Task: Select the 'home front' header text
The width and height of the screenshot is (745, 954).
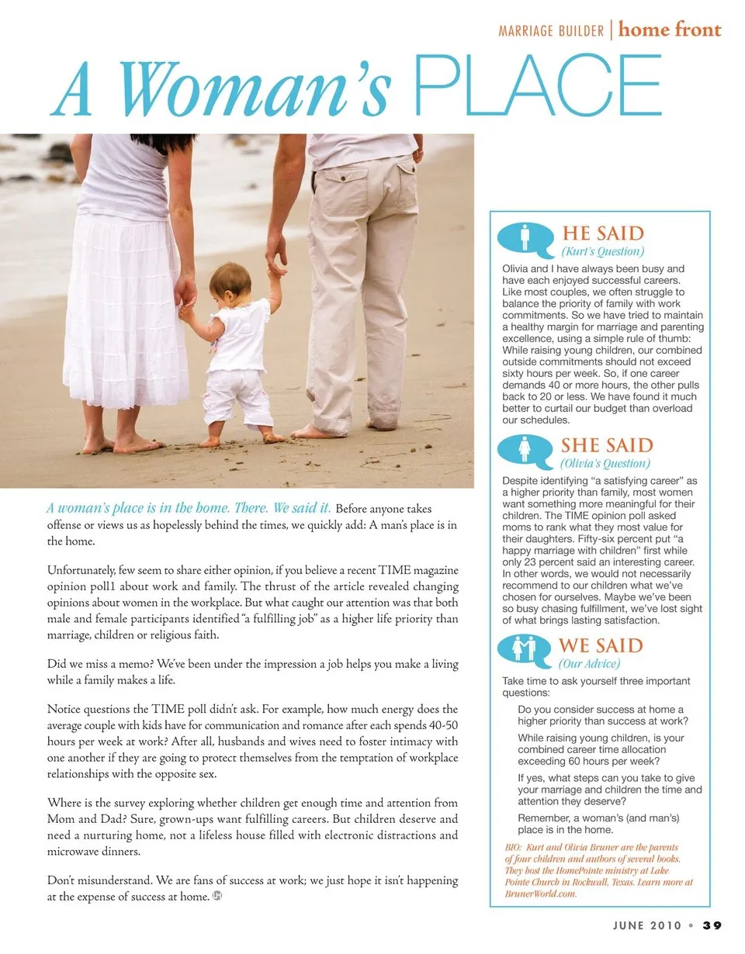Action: tap(670, 30)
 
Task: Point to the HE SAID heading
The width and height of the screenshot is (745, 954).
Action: tap(603, 233)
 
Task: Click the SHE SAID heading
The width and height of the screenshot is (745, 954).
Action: tap(607, 445)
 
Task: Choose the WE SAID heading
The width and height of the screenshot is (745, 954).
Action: tap(601, 645)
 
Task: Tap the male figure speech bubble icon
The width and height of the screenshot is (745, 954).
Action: tap(525, 238)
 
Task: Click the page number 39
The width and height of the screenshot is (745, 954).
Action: tap(712, 925)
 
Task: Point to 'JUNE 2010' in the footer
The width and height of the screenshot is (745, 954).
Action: tap(646, 925)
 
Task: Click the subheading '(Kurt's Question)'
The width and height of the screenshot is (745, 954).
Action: tap(603, 251)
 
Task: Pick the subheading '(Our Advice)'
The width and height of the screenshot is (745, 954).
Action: tap(589, 663)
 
